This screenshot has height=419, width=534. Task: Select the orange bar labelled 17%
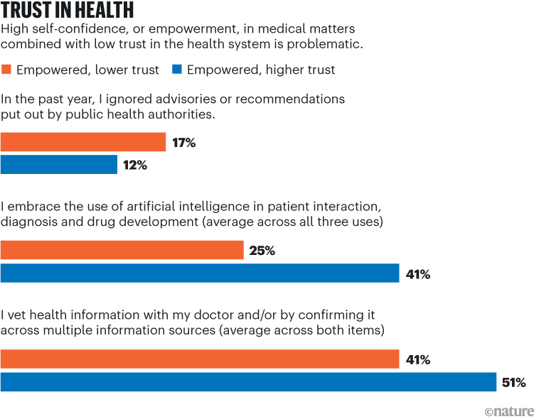pyautogui.click(x=83, y=142)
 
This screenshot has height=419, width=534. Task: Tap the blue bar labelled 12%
pyautogui.click(x=59, y=165)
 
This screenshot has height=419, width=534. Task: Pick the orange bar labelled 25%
pyautogui.click(x=122, y=250)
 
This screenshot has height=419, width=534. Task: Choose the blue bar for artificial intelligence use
pyautogui.click(x=200, y=273)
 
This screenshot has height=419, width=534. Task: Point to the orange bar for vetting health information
pyautogui.click(x=200, y=359)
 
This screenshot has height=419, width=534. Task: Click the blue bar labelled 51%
pyautogui.click(x=248, y=382)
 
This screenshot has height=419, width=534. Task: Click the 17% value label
pyautogui.click(x=183, y=143)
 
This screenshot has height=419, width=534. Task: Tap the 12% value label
pyautogui.click(x=135, y=165)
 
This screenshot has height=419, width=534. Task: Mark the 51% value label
pyautogui.click(x=513, y=383)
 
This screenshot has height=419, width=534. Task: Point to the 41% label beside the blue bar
pyautogui.click(x=417, y=274)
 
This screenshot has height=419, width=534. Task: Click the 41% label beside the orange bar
pyautogui.click(x=417, y=360)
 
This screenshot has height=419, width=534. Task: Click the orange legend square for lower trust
pyautogui.click(x=7, y=70)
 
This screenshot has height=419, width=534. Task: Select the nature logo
pyautogui.click(x=506, y=410)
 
